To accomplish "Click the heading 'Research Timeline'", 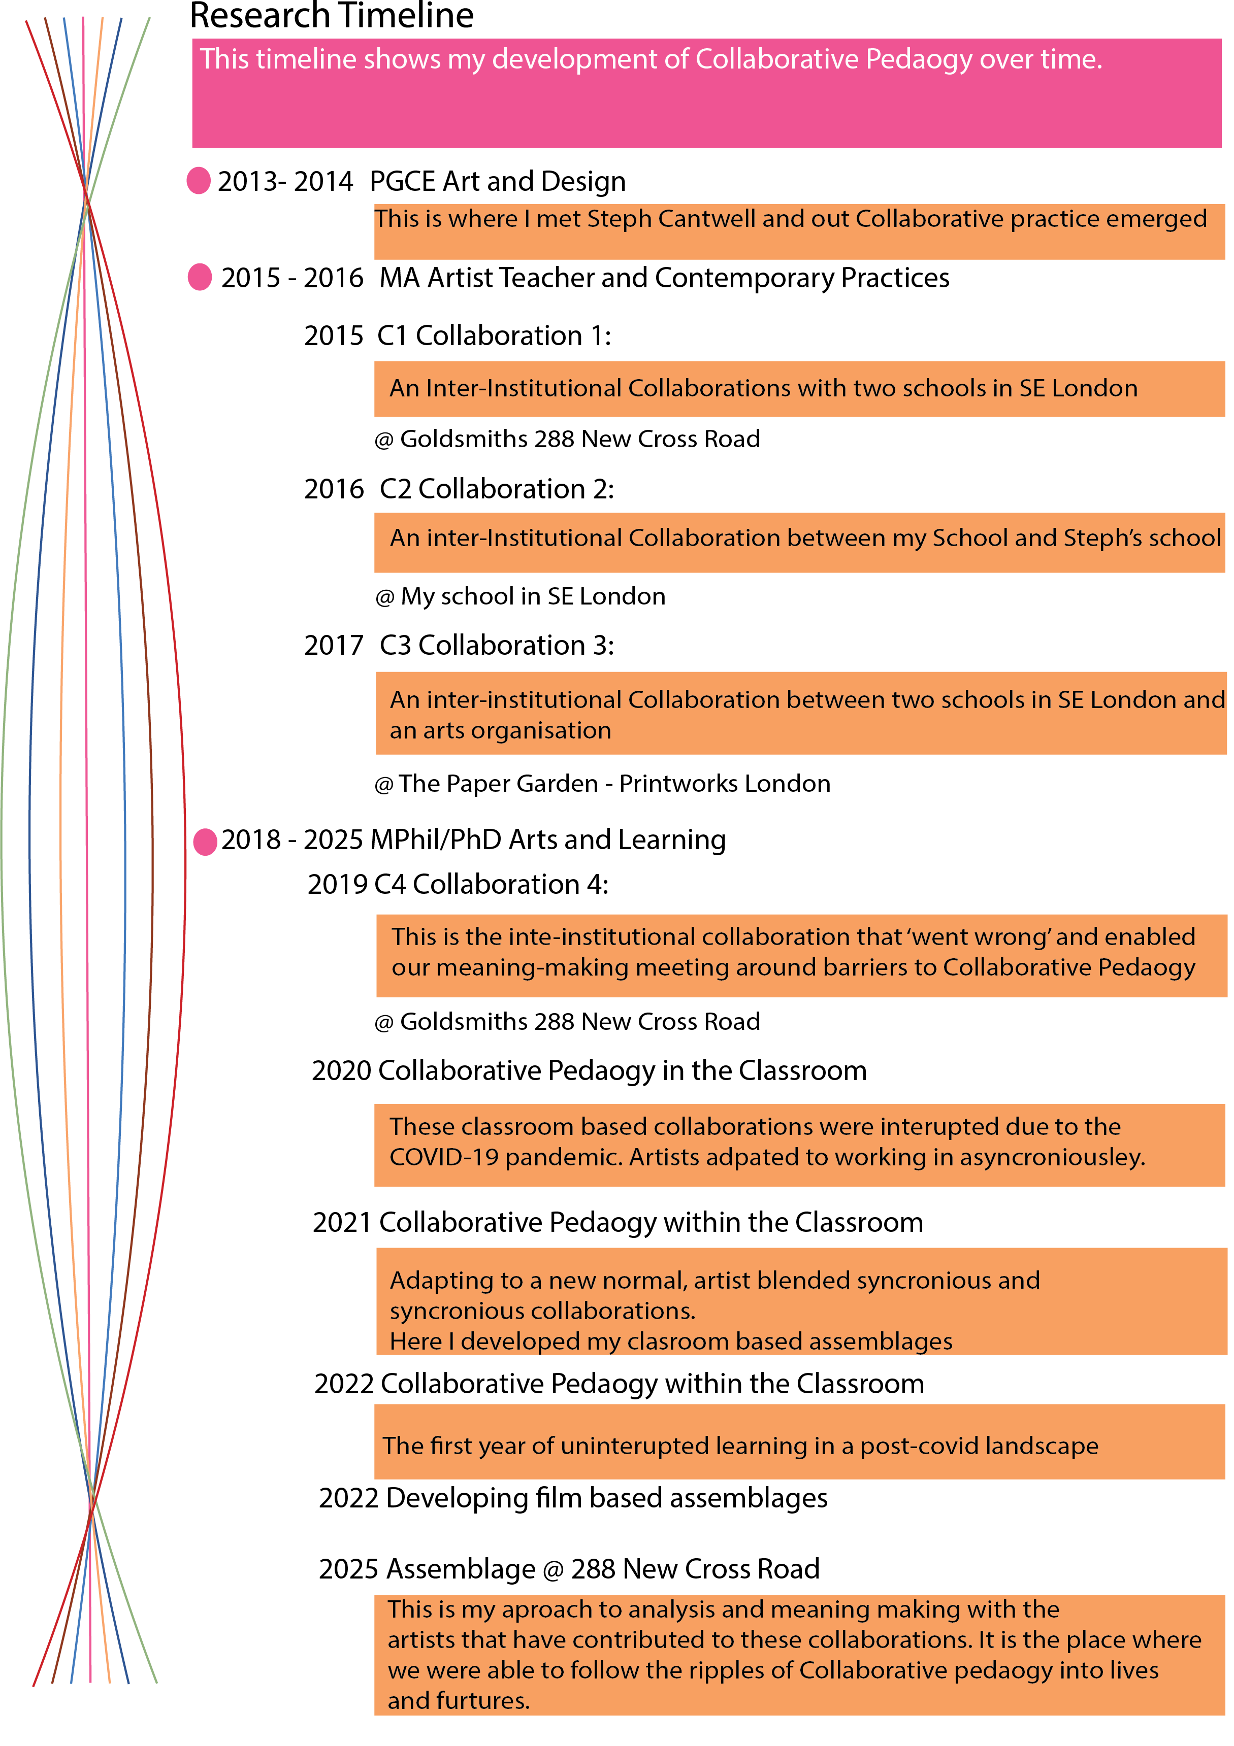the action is coord(332,15).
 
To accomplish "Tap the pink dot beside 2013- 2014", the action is coord(199,181).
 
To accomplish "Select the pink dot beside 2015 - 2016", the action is coord(200,277).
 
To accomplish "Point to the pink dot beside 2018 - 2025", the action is coord(206,842).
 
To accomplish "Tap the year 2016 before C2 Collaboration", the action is coord(334,489).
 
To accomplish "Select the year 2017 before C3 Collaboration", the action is coord(334,646).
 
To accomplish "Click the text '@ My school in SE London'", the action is coord(521,597).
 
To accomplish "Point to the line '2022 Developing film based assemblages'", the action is coord(573,1499).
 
